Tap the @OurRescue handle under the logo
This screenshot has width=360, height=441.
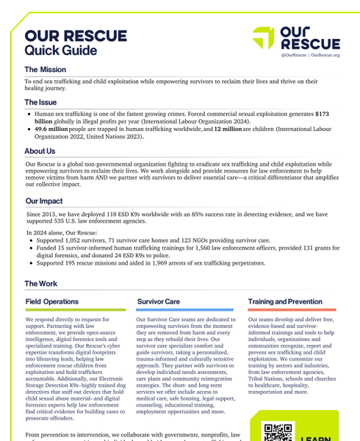293,55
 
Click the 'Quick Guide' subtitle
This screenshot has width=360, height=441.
60,51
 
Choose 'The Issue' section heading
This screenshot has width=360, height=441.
41,102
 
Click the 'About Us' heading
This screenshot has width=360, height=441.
40,151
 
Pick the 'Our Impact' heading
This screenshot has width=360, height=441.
44,201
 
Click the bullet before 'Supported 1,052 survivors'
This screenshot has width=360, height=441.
29,240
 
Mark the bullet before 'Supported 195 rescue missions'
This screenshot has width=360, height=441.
29,262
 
